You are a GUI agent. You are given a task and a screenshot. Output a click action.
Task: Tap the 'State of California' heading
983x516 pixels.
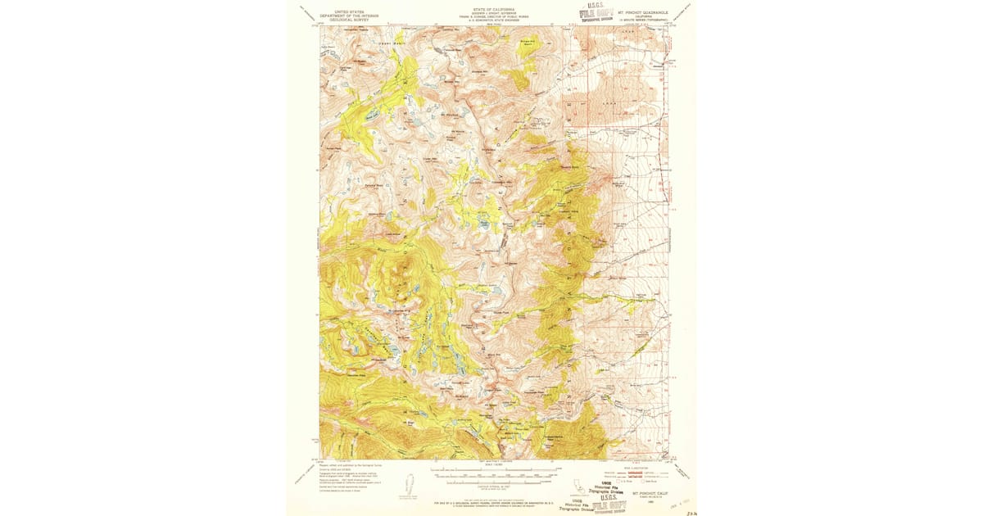(x=491, y=9)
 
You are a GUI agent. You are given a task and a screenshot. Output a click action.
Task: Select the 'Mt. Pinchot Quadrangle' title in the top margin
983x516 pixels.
(x=642, y=11)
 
